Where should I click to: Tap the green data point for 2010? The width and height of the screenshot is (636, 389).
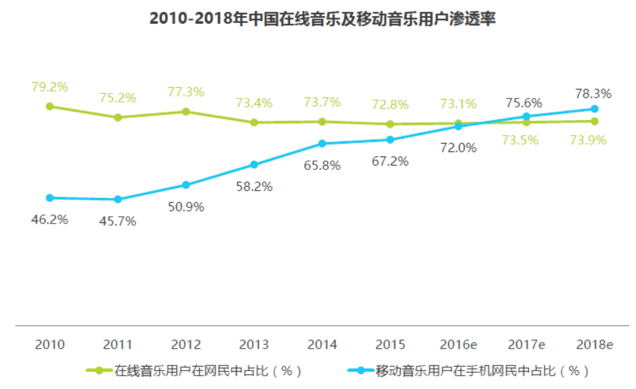point(49,106)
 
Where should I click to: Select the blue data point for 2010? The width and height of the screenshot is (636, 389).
point(49,198)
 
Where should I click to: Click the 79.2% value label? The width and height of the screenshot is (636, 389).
point(49,87)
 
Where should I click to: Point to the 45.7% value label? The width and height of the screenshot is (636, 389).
point(118,221)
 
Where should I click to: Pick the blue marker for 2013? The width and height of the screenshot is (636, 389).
point(254,164)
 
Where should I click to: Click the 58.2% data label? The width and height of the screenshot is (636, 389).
point(254,187)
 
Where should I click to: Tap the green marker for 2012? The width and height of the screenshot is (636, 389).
point(186,111)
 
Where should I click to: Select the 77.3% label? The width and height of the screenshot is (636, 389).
point(186,92)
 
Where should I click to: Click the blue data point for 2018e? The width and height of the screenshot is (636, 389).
point(594,109)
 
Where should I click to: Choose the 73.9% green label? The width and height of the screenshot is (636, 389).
point(588,141)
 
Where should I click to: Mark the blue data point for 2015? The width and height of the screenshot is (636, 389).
point(390,140)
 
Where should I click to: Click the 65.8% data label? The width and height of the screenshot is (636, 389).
point(322,166)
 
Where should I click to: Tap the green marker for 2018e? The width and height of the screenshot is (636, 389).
point(594,121)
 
